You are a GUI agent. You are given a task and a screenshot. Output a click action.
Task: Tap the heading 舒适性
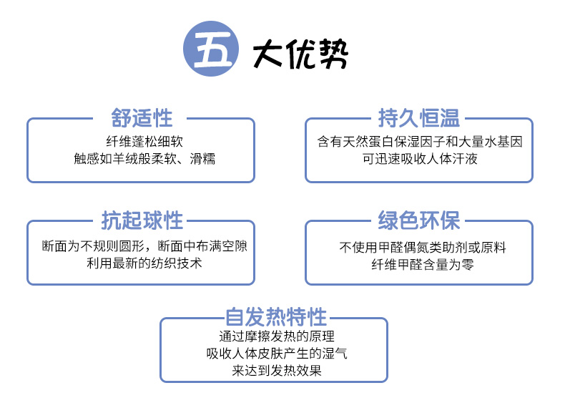[x=142, y=118]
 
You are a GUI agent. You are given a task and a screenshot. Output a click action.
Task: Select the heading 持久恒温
[x=419, y=118]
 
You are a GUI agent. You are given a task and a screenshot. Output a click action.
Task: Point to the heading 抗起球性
[x=142, y=220]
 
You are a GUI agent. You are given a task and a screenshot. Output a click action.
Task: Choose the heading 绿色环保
[x=419, y=220]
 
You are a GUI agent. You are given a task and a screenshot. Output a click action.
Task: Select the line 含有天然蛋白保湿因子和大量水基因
[x=420, y=142]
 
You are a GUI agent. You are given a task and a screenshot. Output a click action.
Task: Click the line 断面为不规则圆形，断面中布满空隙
[x=144, y=246]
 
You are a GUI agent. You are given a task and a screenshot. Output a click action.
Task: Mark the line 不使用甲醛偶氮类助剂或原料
[x=422, y=248]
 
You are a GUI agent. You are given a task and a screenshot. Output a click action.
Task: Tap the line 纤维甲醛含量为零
[x=422, y=264]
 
